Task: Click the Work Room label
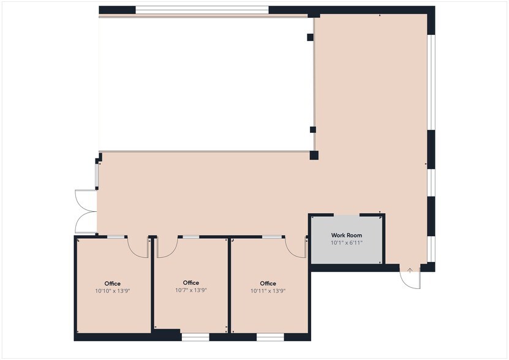click(x=347, y=235)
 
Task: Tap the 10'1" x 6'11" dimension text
click(x=347, y=243)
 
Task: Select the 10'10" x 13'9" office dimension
click(x=113, y=291)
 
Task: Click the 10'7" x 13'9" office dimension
click(x=191, y=290)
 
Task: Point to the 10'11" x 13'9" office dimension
click(x=268, y=291)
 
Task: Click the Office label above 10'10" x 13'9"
click(x=113, y=283)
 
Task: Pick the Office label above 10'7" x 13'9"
click(x=191, y=283)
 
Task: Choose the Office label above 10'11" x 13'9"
click(x=268, y=283)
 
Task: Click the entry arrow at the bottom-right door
click(x=410, y=270)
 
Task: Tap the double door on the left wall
click(x=85, y=211)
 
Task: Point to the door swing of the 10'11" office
click(x=296, y=247)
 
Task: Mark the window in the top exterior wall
click(x=202, y=10)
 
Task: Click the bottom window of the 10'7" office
click(x=195, y=337)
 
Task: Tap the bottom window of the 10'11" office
click(x=270, y=337)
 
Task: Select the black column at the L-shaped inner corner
click(x=314, y=155)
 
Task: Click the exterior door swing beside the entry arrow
click(x=410, y=279)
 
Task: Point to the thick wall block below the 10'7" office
click(x=166, y=334)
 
